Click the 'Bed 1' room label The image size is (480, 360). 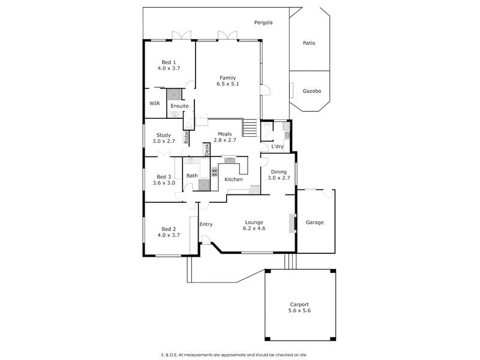coord(169,62)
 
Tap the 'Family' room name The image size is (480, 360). coord(227,77)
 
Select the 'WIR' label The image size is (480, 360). coord(155,104)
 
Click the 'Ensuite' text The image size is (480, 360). coord(179,106)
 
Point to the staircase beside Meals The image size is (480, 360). coord(249,127)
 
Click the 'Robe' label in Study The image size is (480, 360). coord(187,137)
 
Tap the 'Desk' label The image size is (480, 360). coord(206,149)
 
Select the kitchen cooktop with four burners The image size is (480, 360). coord(214,171)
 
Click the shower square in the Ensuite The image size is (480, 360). coord(175,94)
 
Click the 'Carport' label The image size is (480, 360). coord(299,304)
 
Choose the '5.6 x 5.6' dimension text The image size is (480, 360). coord(299,311)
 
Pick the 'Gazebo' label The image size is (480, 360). coord(312,91)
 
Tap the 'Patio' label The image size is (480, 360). coord(309,43)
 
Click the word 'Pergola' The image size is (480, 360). coord(263,23)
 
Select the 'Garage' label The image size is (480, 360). coord(315,222)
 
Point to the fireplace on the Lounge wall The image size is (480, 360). coord(292,223)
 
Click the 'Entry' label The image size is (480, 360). coord(206,224)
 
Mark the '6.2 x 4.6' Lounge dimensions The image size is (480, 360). coord(254,229)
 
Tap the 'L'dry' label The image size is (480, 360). coord(277,146)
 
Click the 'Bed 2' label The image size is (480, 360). coord(169,229)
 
